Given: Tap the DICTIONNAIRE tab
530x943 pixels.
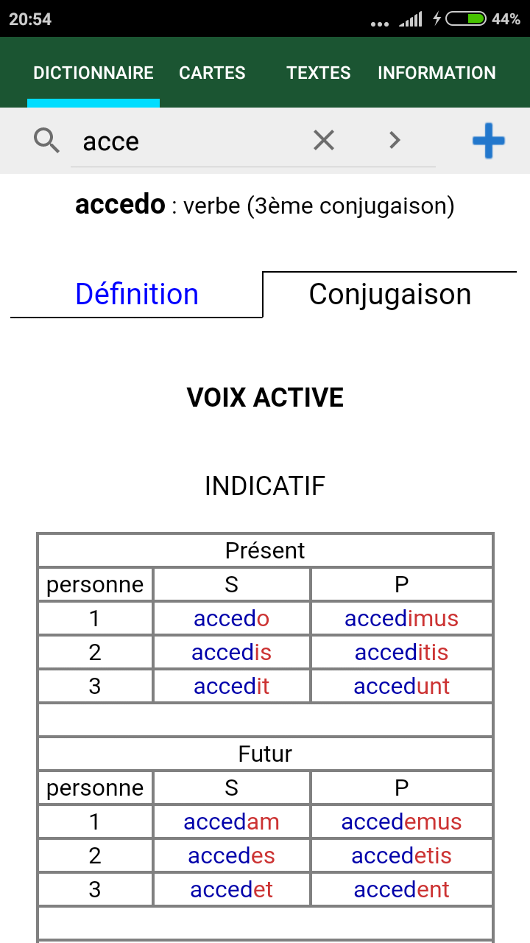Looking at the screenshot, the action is tap(93, 73).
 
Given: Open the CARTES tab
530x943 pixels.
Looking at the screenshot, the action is tap(212, 73).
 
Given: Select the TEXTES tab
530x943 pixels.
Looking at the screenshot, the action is tap(319, 73).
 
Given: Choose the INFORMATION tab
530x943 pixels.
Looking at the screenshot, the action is tap(437, 73).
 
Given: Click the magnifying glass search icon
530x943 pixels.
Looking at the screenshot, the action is tap(46, 141).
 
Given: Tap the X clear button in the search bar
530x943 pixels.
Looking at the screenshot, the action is tap(324, 140).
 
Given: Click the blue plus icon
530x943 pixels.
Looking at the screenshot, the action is tap(488, 141).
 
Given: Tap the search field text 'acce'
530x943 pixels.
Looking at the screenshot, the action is tap(111, 142).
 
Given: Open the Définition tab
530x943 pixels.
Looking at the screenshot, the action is tap(137, 294).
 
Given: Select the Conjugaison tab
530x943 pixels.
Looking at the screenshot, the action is tap(390, 294).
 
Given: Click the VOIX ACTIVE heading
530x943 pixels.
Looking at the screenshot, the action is tap(265, 397).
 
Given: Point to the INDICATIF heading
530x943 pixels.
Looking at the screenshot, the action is tap(265, 485).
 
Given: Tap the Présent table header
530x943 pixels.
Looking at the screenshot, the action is tap(265, 550).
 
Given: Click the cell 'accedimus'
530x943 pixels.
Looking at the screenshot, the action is tap(401, 618).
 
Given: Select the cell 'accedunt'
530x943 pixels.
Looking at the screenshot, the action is tap(401, 686).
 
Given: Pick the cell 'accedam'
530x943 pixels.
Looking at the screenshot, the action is tap(231, 821).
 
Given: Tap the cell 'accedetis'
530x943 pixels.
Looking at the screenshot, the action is tap(401, 855).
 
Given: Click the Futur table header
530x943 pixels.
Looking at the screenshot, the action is tap(265, 754).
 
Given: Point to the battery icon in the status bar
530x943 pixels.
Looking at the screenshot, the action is tap(466, 19).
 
